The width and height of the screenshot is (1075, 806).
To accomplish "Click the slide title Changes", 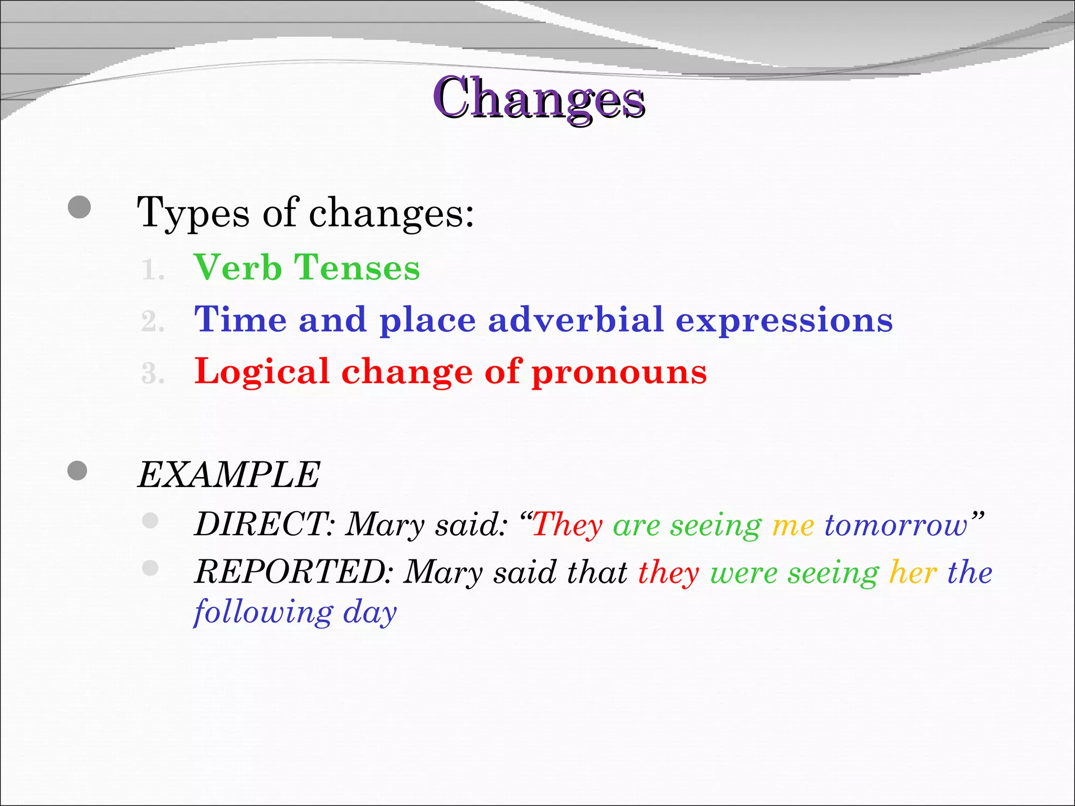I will tap(539, 98).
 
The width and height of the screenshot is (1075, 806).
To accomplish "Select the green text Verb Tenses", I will tap(307, 268).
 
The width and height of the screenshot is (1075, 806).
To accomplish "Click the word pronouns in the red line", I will tap(619, 372).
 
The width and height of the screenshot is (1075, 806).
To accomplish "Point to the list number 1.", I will tap(153, 270).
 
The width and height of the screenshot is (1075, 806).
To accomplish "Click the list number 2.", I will tap(153, 322).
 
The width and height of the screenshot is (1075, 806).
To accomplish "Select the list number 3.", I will tap(153, 374).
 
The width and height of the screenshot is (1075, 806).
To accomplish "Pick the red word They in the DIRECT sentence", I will tap(568, 524).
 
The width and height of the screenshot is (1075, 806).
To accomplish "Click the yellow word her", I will tap(913, 572).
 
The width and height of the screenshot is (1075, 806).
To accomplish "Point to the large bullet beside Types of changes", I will tap(79, 207).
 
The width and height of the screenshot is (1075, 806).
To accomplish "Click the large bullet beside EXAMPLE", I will tap(78, 471).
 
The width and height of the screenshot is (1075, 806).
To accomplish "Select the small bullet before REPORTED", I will tap(150, 568).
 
